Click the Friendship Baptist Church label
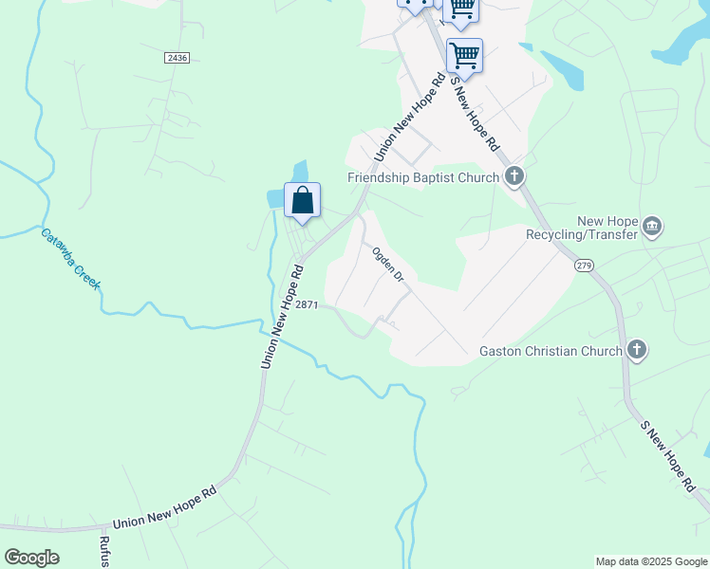[x=423, y=177]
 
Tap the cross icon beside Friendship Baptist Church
[x=514, y=175]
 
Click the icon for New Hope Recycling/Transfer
[x=652, y=226]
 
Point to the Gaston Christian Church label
[x=550, y=351]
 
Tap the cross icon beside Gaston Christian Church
[x=637, y=351]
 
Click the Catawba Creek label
[x=71, y=258]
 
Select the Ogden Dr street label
[x=388, y=265]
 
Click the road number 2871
[x=307, y=304]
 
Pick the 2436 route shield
[x=177, y=58]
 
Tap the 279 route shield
[x=583, y=266]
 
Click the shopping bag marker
[x=302, y=201]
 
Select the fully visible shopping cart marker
[x=464, y=56]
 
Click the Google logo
[x=31, y=558]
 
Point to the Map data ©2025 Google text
[x=651, y=561]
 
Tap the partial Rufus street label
[x=104, y=551]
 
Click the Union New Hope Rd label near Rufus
[x=164, y=509]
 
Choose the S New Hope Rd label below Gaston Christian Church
[x=667, y=457]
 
